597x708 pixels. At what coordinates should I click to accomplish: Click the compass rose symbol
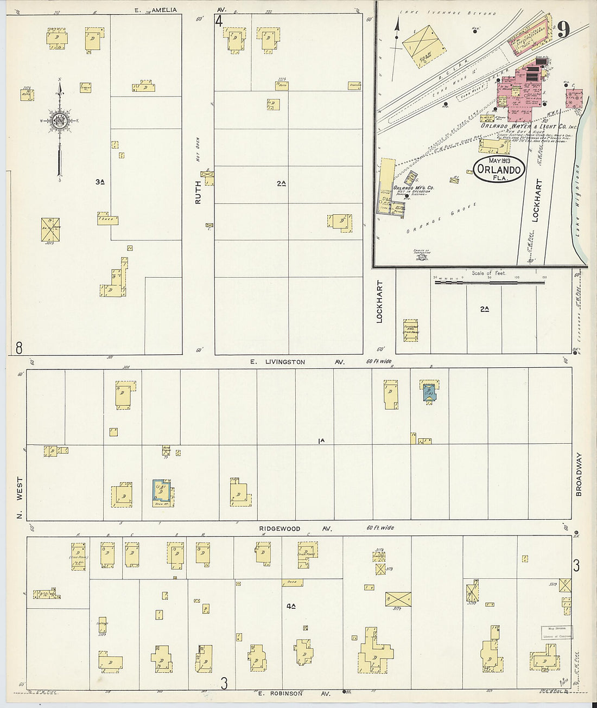(60, 120)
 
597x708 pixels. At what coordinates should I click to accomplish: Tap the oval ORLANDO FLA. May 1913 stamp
(499, 169)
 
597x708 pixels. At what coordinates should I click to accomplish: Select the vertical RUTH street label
(198, 192)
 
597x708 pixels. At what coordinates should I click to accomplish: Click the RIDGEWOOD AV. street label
(295, 528)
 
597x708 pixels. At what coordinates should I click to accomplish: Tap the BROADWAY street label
(579, 474)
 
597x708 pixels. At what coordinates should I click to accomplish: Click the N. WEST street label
(20, 497)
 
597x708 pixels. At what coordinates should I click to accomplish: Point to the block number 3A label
(99, 182)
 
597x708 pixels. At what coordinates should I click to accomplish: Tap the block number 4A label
(290, 606)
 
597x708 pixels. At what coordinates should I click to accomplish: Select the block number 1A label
(321, 441)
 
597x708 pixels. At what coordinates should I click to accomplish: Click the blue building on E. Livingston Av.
(429, 392)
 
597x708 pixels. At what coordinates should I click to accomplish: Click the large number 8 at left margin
(19, 347)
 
